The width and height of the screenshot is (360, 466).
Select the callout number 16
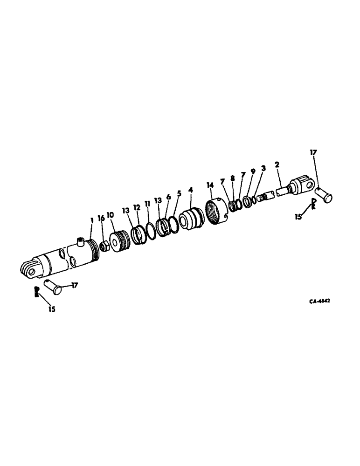(x=101, y=219)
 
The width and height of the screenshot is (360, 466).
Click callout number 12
(x=137, y=207)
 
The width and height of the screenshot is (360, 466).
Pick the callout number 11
(x=147, y=205)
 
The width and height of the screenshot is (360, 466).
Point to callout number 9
(x=253, y=172)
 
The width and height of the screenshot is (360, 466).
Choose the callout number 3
(x=263, y=168)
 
